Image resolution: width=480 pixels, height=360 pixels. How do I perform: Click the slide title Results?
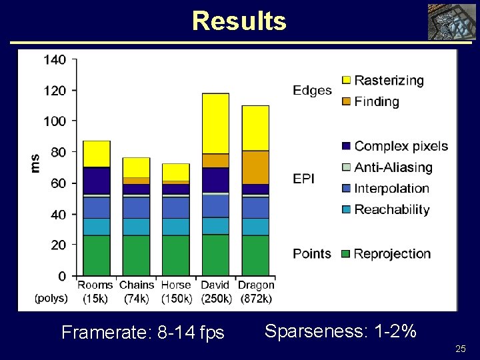click(239, 21)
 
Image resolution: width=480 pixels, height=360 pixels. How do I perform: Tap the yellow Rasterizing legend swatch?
click(345, 81)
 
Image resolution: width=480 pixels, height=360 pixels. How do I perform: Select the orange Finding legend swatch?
click(345, 102)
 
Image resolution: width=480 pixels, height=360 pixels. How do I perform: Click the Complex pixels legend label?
click(401, 146)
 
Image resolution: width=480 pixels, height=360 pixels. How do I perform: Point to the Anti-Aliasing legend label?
click(393, 167)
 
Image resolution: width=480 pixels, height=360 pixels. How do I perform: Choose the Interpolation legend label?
click(392, 189)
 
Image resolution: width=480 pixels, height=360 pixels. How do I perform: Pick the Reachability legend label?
click(392, 210)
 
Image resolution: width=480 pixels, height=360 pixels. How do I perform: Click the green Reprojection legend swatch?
click(345, 254)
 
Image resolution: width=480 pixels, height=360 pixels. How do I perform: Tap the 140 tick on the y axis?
click(55, 59)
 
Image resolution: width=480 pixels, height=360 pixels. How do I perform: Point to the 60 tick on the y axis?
click(58, 183)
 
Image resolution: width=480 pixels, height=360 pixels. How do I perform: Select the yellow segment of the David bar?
click(215, 123)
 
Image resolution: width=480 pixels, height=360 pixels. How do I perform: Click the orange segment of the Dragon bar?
click(255, 167)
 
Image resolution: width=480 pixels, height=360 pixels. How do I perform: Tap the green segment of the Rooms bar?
click(97, 255)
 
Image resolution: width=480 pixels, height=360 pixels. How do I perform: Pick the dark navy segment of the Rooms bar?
click(97, 180)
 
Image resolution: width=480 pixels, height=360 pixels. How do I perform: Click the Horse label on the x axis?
click(176, 285)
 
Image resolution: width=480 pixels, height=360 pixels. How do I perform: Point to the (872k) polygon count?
click(256, 299)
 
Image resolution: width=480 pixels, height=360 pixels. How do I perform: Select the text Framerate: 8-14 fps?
click(143, 332)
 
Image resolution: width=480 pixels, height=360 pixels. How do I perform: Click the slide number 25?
click(460, 349)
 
